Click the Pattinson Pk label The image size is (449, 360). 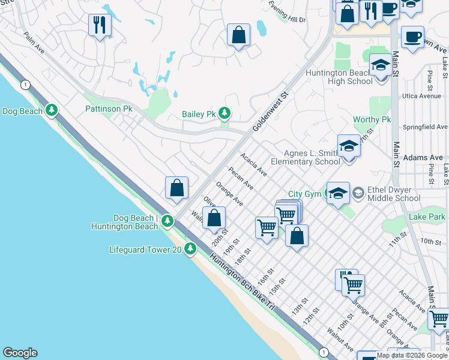[x=108, y=109]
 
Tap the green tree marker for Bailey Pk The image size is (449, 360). [x=224, y=113]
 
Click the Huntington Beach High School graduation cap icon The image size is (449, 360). [x=379, y=64]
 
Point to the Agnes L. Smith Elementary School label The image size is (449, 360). [x=305, y=157]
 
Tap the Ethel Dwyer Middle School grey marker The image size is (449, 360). [x=358, y=193]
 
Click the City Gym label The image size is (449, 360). [x=304, y=194]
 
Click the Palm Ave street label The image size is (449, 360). [x=34, y=43]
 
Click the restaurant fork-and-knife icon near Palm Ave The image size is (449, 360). [x=99, y=25]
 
